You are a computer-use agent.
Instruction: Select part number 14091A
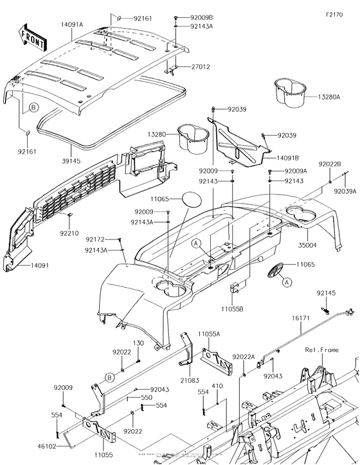(72, 24)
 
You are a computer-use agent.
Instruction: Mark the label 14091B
(291, 157)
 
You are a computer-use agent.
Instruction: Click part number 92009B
(201, 17)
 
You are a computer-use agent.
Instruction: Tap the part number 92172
(96, 240)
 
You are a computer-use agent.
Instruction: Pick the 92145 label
(325, 293)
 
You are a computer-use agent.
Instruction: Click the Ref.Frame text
(321, 350)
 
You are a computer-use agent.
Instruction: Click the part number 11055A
(209, 334)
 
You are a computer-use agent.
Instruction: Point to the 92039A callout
(345, 191)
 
